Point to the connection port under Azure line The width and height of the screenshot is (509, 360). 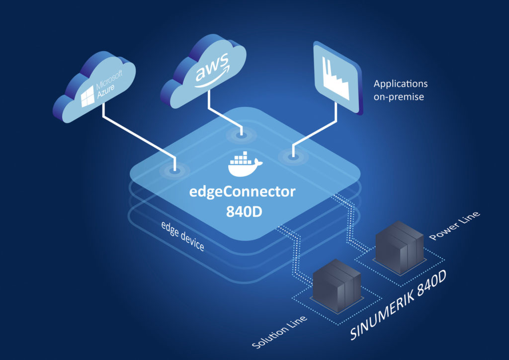174,171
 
